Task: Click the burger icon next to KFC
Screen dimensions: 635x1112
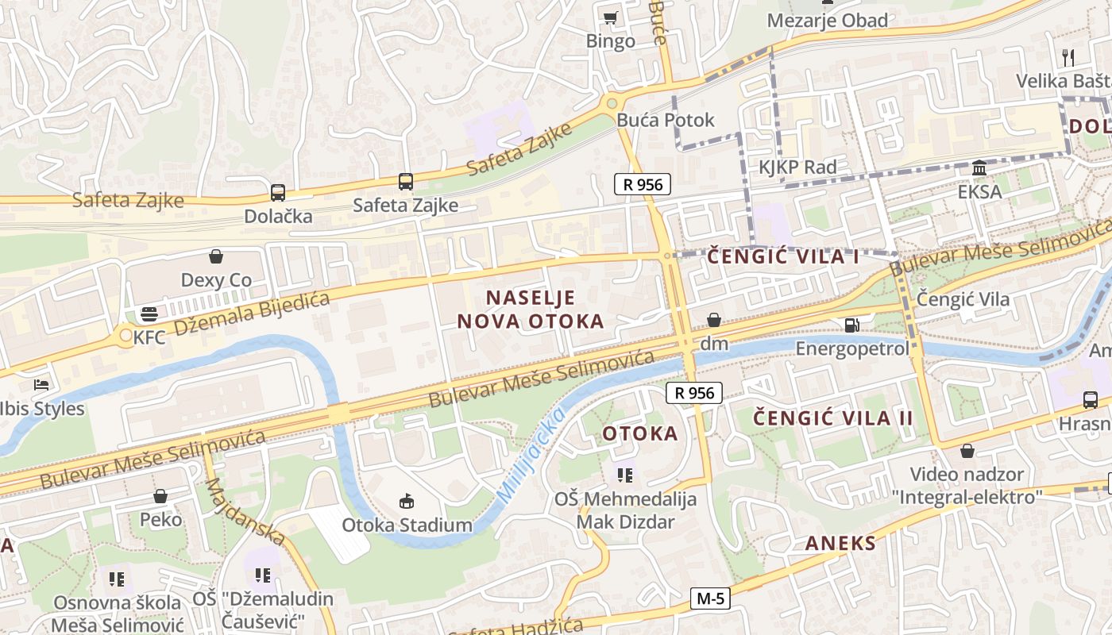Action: [149, 314]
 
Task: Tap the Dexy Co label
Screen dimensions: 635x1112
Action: [216, 280]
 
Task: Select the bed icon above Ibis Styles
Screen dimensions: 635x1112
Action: [41, 385]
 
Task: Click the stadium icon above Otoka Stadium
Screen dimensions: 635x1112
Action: [407, 501]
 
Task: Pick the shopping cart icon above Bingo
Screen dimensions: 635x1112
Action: [610, 17]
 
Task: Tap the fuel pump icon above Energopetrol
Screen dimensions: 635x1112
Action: [851, 325]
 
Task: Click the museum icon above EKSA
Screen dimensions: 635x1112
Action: [979, 168]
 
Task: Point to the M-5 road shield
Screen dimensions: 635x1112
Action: [709, 598]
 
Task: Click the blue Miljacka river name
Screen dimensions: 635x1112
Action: [531, 455]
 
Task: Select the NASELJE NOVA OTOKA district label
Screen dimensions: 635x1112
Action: [530, 310]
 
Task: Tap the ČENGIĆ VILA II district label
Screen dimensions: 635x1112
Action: [832, 418]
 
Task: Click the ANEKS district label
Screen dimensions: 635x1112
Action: [840, 544]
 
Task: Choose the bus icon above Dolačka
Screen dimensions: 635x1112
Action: [278, 192]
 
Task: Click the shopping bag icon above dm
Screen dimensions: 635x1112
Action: [714, 320]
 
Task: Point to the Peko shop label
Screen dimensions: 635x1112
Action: [160, 520]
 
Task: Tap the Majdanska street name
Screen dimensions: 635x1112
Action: [244, 512]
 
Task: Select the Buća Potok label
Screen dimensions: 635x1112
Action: [666, 121]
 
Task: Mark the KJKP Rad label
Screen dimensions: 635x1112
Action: [797, 167]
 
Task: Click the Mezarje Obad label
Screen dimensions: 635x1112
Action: [827, 21]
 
